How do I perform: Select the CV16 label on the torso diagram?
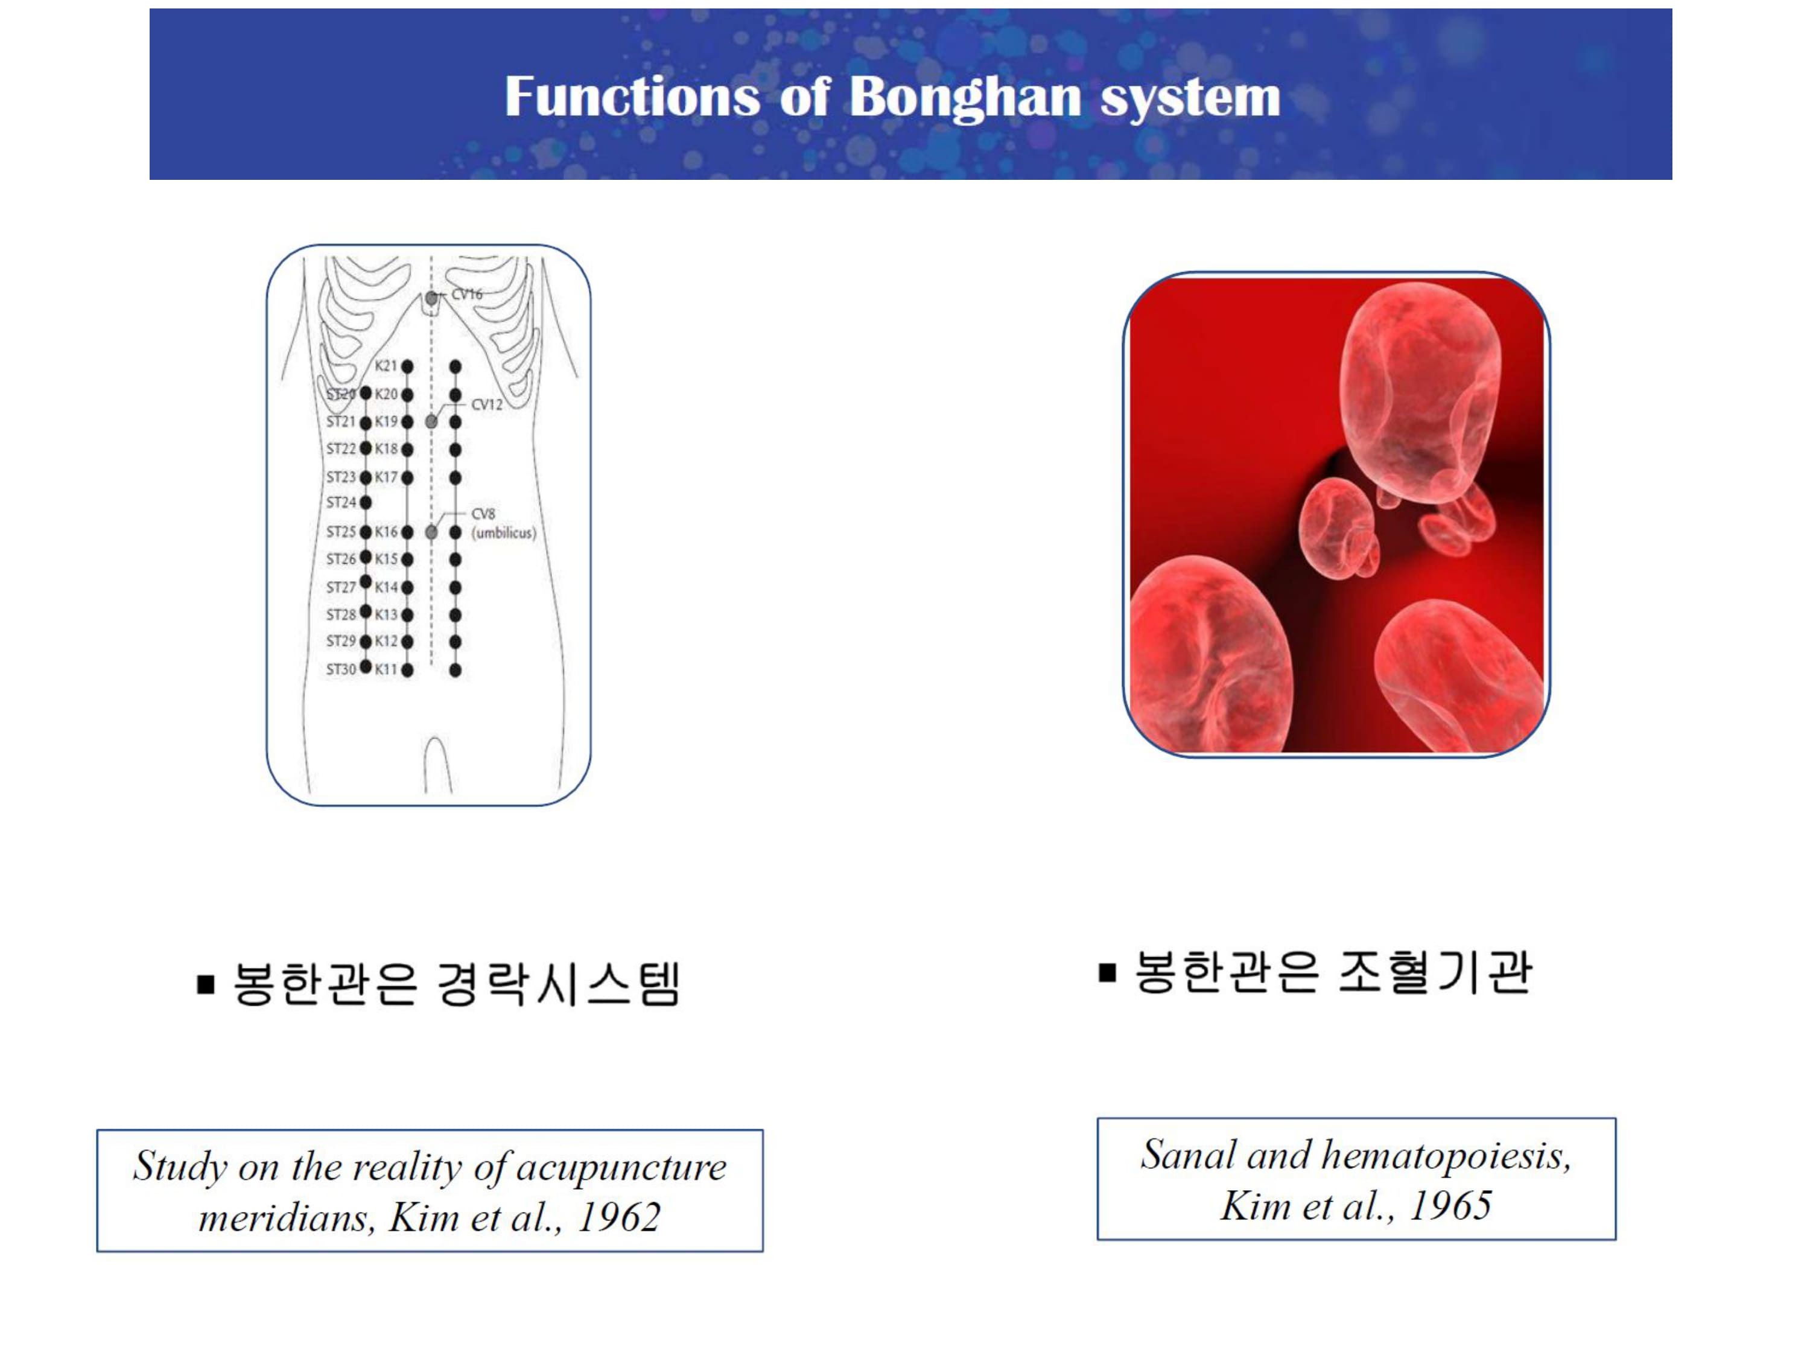[467, 294]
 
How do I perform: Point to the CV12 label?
[487, 404]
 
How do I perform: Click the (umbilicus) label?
[504, 533]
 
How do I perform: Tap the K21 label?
[386, 366]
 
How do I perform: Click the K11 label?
[386, 669]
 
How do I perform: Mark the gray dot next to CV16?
[431, 299]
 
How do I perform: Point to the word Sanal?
[1188, 1155]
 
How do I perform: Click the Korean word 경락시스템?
[559, 983]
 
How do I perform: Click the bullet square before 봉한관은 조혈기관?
[1107, 972]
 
